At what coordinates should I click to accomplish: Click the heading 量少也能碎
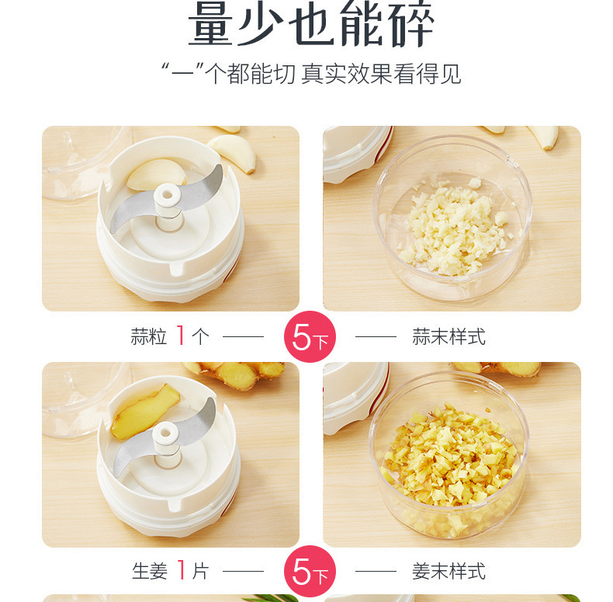pos(311,24)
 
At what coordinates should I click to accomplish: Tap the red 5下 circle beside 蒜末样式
pos(310,336)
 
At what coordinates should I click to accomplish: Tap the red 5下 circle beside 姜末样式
pos(310,571)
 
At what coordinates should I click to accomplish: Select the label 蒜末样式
pos(448,336)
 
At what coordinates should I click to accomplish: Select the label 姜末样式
pos(448,571)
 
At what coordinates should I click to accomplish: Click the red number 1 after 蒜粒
pos(181,336)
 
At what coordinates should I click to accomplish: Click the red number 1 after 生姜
pos(181,570)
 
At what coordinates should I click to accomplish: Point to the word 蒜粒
pos(148,336)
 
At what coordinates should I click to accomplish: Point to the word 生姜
pos(150,571)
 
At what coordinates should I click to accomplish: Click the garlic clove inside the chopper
pos(156,173)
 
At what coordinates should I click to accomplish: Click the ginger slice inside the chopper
pos(144,412)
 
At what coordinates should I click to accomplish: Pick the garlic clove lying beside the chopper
pos(233,153)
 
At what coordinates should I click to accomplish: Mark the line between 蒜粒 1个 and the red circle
pos(243,336)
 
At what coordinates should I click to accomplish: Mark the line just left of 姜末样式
pos(376,571)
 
